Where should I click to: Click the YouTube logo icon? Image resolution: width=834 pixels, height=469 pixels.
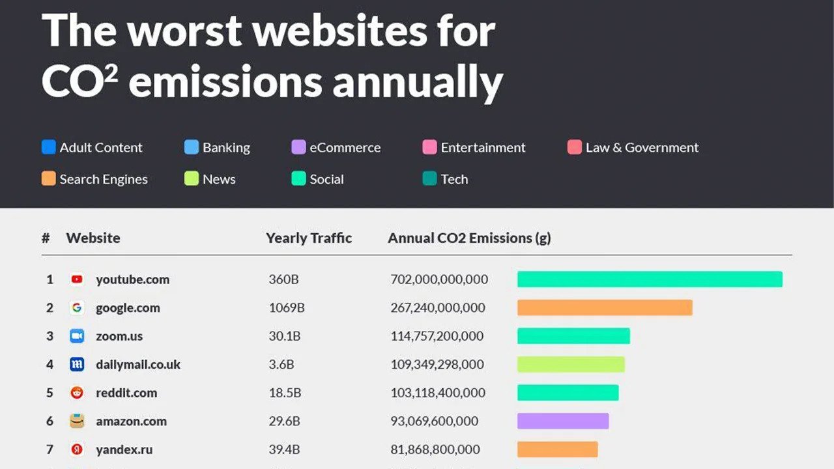77,279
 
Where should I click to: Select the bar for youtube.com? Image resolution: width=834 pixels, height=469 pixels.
650,279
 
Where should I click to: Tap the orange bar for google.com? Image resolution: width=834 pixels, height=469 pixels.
605,307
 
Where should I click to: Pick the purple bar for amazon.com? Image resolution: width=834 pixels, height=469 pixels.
563,421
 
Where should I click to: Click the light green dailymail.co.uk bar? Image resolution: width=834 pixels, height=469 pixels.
571,364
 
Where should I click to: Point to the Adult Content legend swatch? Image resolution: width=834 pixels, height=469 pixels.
49,147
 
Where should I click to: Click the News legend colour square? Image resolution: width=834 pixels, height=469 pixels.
191,179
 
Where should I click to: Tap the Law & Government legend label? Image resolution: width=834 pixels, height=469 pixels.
641,148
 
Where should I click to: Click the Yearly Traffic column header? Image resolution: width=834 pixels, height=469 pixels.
309,238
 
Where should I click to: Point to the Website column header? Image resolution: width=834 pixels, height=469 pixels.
93,238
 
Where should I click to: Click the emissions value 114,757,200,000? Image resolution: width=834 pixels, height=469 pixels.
437,336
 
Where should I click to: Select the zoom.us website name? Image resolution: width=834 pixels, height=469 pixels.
119,336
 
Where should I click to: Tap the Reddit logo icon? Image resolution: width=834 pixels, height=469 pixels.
77,393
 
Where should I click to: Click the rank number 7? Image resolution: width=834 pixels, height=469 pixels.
50,449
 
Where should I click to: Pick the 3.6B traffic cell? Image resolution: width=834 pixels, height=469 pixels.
281,364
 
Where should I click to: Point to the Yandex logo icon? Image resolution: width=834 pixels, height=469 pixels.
77,449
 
